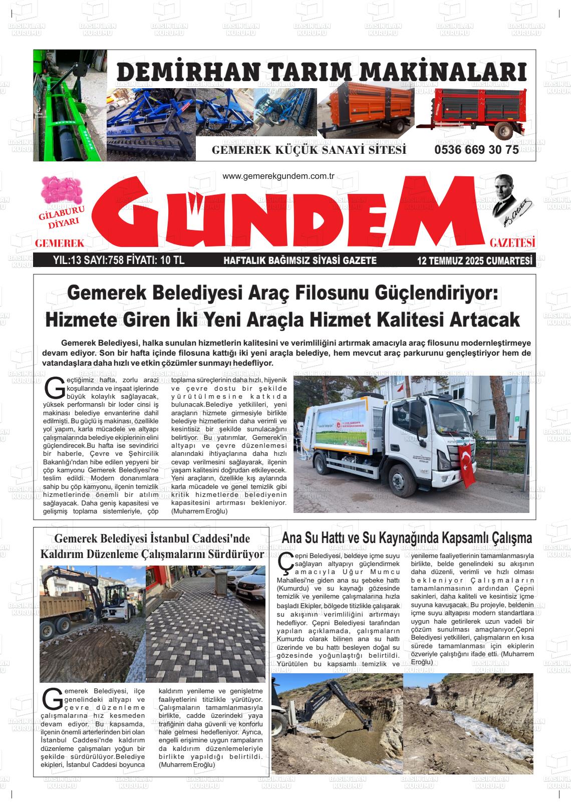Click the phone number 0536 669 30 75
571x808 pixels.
point(476,150)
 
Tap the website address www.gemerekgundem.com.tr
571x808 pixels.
point(278,176)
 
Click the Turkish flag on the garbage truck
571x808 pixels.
point(467,465)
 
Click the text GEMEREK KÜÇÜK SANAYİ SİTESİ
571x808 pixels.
point(309,150)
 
